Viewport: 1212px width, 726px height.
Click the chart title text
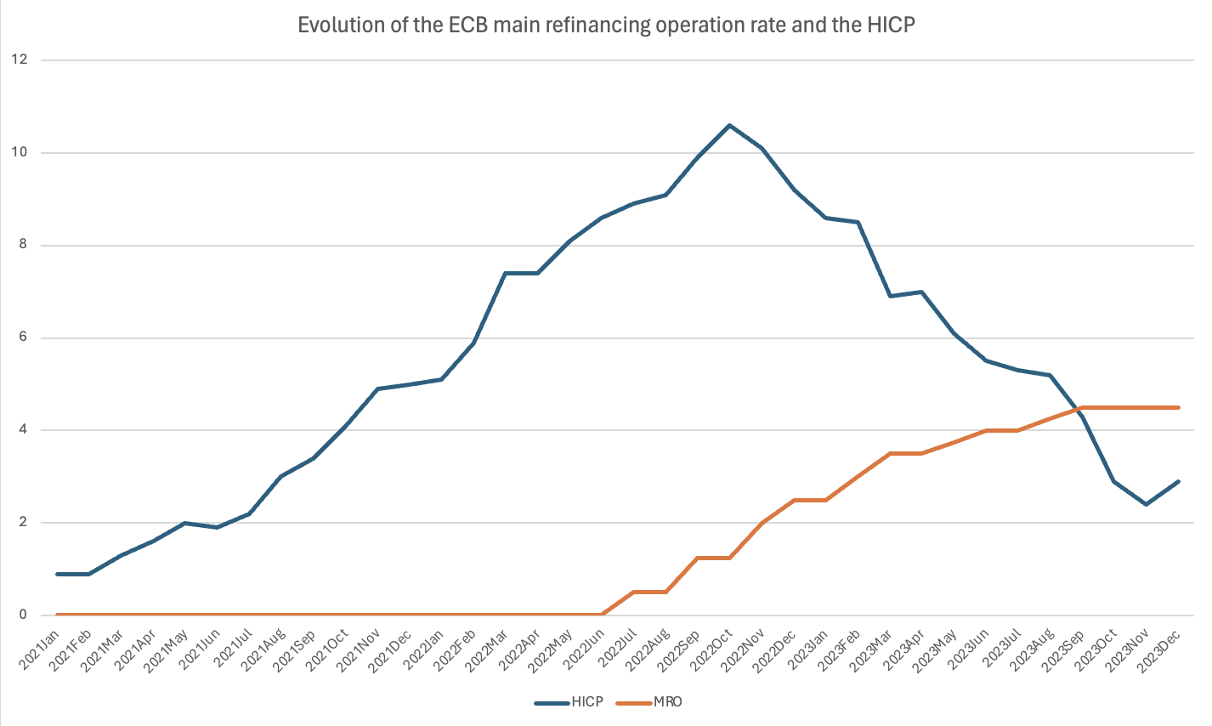coord(606,26)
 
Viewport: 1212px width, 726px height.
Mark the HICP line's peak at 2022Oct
coord(729,125)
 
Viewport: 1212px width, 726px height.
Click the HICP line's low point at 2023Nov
coord(1147,504)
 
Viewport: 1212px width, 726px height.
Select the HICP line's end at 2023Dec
coord(1179,481)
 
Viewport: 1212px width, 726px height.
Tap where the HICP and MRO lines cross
coord(1078,410)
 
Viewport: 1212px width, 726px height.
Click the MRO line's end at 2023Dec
coord(1179,407)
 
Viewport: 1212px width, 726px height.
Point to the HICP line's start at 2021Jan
coord(57,574)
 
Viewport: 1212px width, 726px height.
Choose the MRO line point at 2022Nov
coord(762,523)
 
